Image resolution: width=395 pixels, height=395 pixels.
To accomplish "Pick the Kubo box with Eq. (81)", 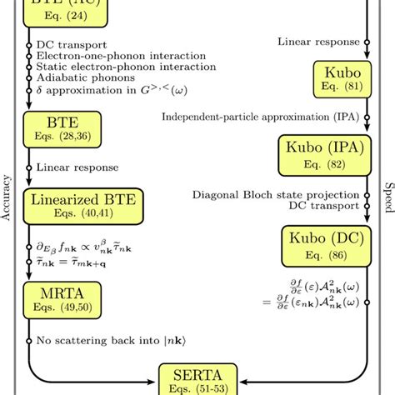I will point(337,78).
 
